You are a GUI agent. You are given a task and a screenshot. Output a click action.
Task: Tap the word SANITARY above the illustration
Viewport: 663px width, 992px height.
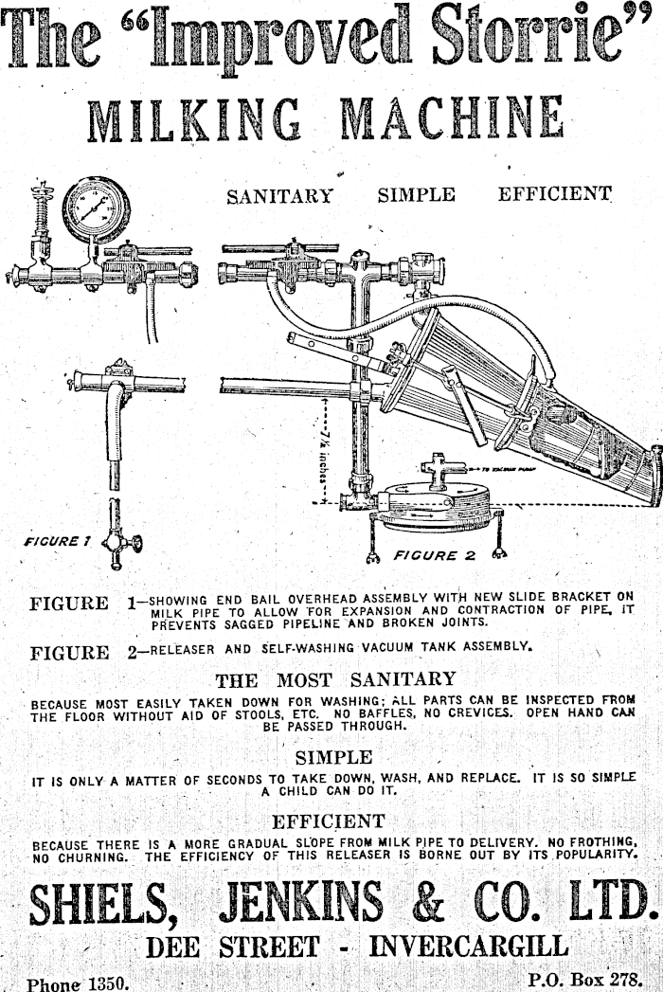279,196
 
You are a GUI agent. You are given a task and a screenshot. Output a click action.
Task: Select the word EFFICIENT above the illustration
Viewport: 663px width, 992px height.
554,195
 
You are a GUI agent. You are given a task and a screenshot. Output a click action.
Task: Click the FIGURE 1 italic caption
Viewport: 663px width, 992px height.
57,541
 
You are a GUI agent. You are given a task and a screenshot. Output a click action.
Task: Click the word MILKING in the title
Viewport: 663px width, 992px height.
195,121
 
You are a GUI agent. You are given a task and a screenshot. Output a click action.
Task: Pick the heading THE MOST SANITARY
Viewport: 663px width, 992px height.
335,679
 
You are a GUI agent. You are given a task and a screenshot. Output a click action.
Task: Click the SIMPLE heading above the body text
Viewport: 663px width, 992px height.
333,757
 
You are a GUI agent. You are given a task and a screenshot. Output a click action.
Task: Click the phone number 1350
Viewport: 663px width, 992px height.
107,983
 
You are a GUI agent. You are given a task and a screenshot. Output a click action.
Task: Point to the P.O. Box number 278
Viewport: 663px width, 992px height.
626,975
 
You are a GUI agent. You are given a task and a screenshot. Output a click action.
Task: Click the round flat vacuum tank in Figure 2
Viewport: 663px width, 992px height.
432,501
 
